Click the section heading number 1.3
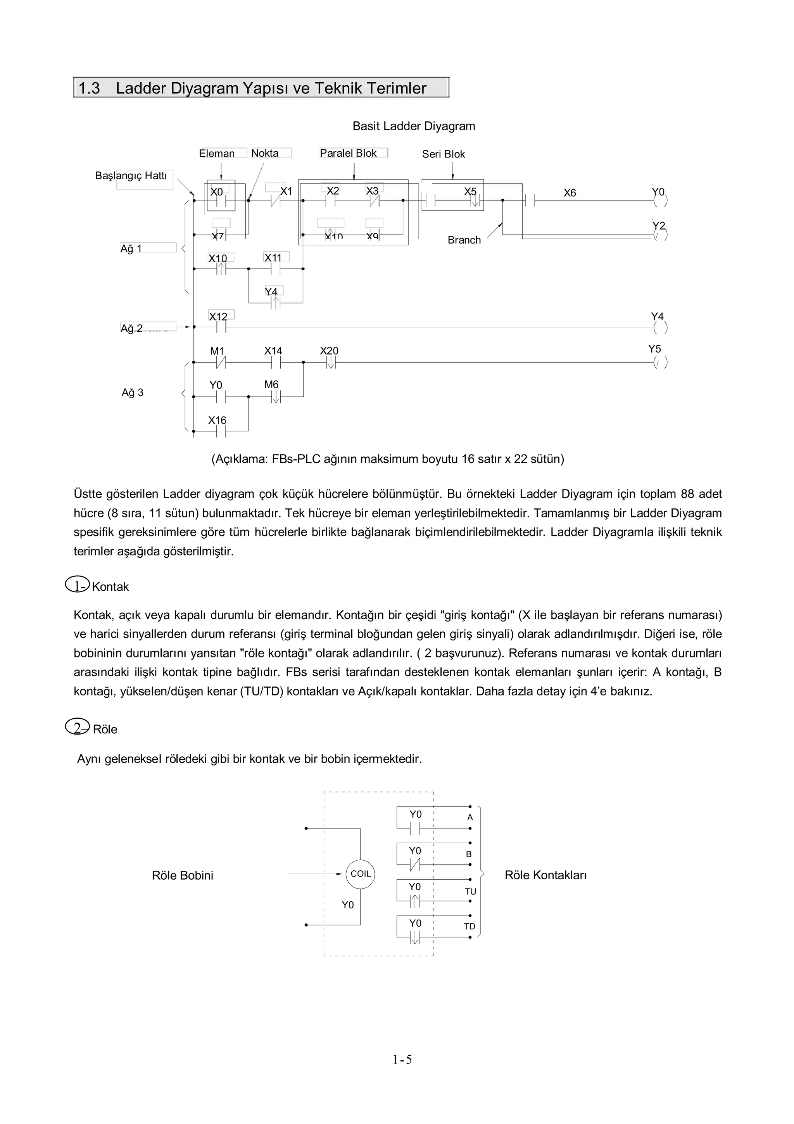(x=89, y=88)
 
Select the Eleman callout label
(x=217, y=154)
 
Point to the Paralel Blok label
(x=348, y=153)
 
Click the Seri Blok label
(x=443, y=154)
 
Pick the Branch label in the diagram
(x=464, y=240)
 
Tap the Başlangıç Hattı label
(x=131, y=176)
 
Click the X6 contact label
(x=570, y=193)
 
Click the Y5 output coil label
(x=654, y=349)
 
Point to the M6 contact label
(x=271, y=385)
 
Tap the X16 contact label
(x=217, y=420)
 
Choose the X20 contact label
(x=329, y=351)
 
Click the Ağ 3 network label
(x=133, y=393)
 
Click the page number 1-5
(x=402, y=1074)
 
